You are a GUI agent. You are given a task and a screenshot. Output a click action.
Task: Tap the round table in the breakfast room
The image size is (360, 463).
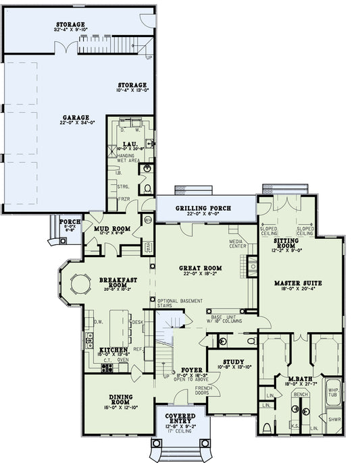click(x=81, y=284)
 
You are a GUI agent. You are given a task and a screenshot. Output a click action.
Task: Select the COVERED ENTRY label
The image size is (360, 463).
click(x=180, y=419)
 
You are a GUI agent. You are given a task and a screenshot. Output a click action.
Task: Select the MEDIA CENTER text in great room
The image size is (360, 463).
click(x=236, y=244)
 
